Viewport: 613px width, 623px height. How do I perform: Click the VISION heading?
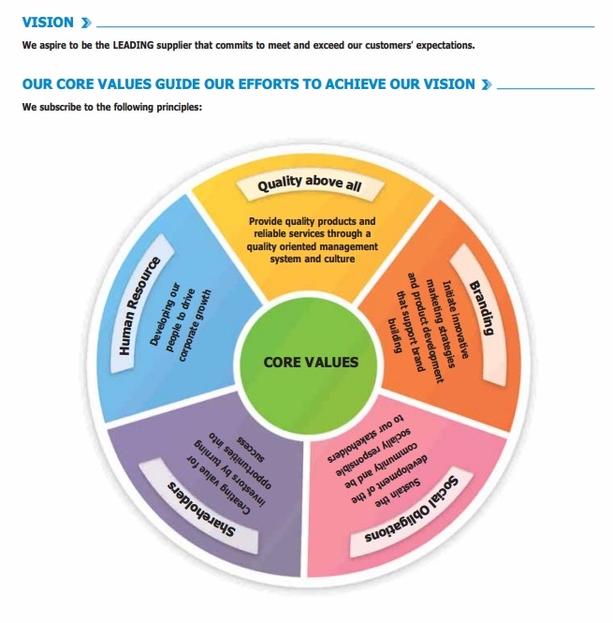click(48, 22)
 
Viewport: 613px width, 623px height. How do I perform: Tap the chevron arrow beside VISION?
click(86, 22)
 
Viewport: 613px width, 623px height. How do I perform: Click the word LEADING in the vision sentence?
click(133, 45)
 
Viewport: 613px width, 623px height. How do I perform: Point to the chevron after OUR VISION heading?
click(487, 84)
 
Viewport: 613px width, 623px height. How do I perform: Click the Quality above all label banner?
click(310, 185)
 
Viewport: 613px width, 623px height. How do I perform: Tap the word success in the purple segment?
click(251, 449)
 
